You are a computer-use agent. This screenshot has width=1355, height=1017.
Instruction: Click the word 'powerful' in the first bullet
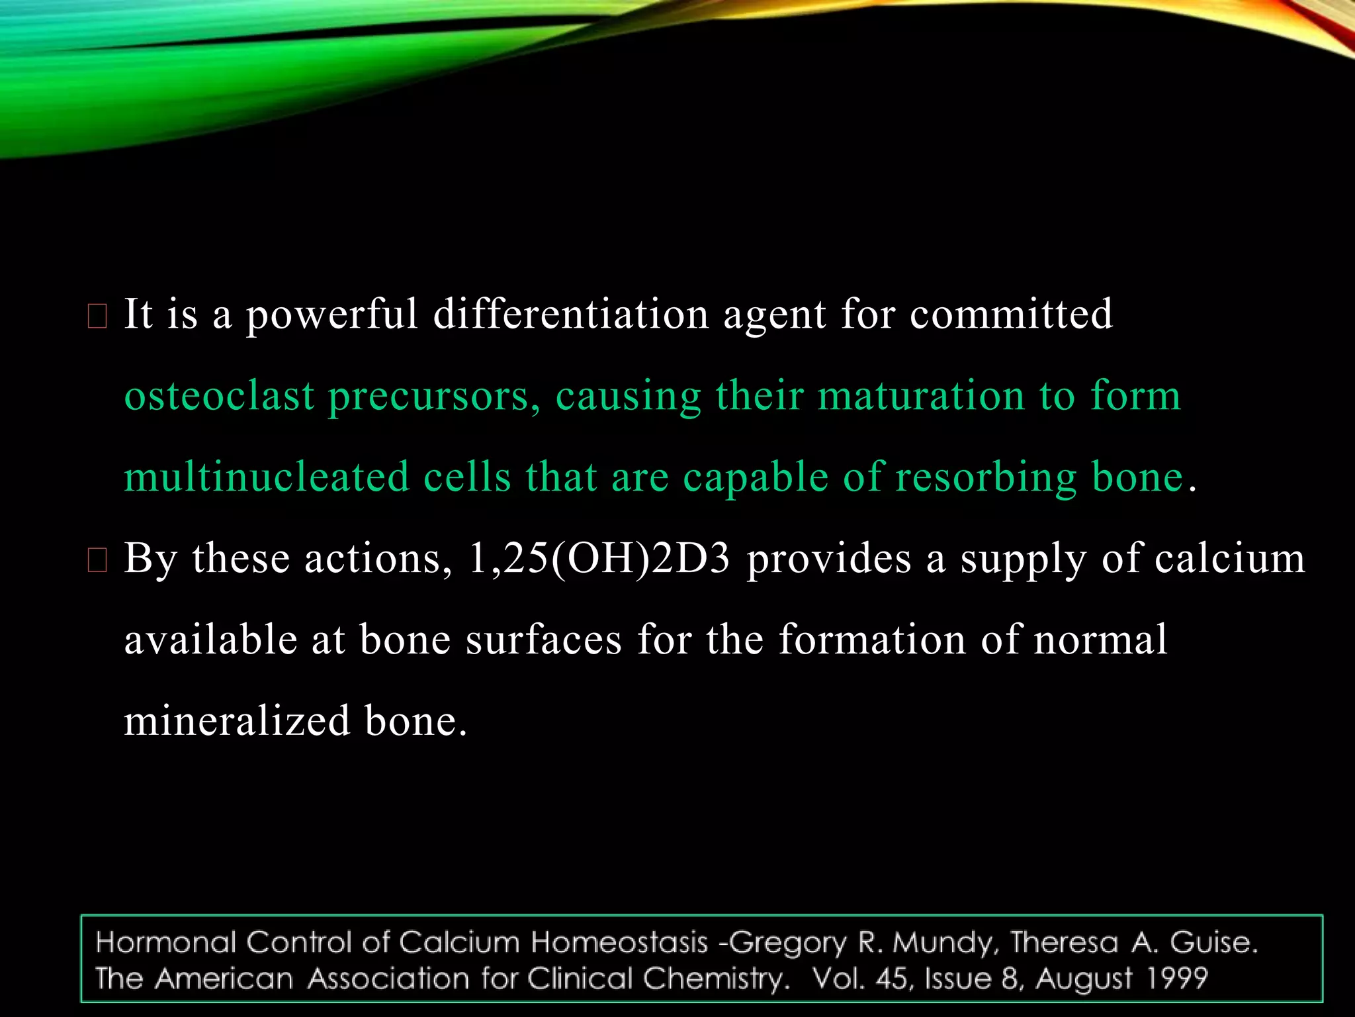point(332,315)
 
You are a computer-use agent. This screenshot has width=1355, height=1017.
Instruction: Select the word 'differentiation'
point(570,314)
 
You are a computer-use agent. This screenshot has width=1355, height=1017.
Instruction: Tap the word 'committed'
point(1011,314)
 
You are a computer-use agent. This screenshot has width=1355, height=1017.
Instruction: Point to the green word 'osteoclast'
point(219,396)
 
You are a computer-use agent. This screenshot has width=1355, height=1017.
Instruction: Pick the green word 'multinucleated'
point(267,477)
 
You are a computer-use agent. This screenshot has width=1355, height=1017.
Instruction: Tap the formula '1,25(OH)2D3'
point(599,559)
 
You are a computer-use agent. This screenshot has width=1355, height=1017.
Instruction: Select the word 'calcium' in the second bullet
point(1229,559)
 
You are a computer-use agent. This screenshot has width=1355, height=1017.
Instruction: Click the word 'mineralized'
point(237,721)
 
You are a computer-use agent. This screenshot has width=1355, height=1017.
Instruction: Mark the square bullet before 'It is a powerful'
point(97,318)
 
